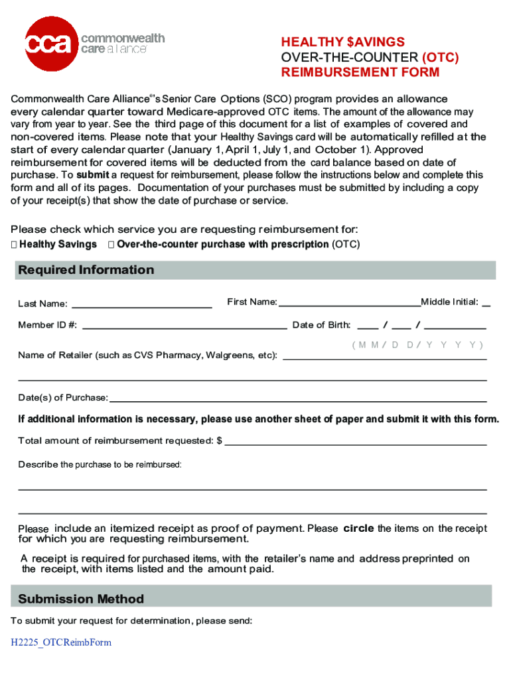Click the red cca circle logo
point(50,44)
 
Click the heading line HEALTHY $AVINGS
point(343,42)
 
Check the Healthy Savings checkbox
point(15,245)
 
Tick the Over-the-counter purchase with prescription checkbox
point(111,245)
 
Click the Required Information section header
point(86,270)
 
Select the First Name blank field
point(350,305)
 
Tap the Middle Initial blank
point(486,305)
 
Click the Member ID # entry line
point(184,328)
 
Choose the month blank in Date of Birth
point(368,328)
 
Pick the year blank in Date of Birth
point(455,328)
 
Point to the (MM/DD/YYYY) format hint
point(417,345)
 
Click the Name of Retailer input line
point(385,358)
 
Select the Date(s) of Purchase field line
point(298,401)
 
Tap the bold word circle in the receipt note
point(358,528)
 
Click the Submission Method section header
point(81,599)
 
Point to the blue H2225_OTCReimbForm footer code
point(60,643)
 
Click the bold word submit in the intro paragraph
point(92,176)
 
